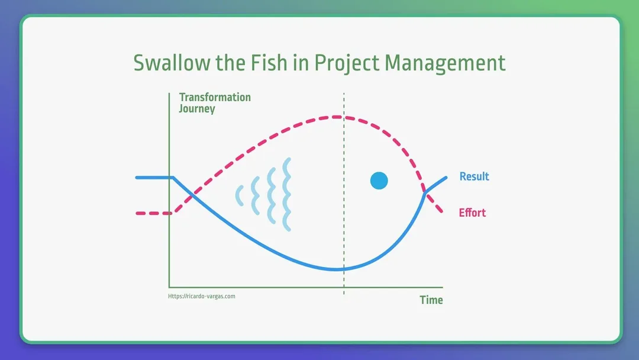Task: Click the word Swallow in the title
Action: (172, 63)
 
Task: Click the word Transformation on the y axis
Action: (215, 97)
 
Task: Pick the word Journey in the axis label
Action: (197, 109)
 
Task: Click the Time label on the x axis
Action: (431, 300)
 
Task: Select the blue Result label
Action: (474, 176)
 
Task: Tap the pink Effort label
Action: (472, 213)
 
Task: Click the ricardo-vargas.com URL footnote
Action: (202, 297)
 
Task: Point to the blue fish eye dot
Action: (379, 181)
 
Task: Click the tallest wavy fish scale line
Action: (287, 194)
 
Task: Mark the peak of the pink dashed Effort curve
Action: (337, 117)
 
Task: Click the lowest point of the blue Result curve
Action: (337, 269)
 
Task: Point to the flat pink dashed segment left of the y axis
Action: (153, 213)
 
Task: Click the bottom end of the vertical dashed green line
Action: (344, 294)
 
